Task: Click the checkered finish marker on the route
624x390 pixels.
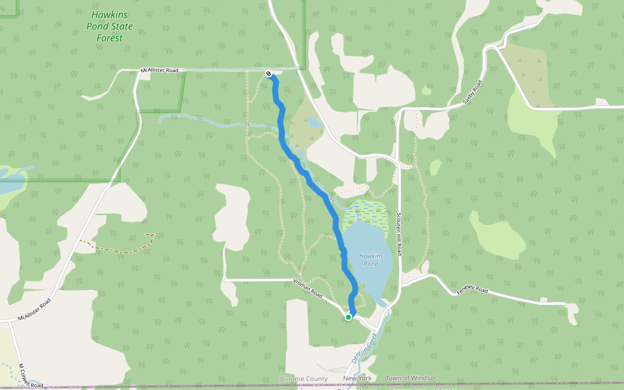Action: point(268,73)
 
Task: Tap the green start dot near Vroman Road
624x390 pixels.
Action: point(348,317)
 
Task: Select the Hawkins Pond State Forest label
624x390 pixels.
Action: point(110,26)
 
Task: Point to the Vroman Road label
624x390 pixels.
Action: point(308,288)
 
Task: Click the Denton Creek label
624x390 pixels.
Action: point(364,349)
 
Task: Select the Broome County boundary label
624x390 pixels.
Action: point(304,378)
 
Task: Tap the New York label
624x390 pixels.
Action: point(357,378)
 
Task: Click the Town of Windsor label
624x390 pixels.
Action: point(410,378)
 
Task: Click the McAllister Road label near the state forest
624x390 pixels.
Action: point(159,70)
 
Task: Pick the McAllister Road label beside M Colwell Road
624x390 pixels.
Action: point(34,311)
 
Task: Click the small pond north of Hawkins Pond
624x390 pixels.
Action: point(315,122)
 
